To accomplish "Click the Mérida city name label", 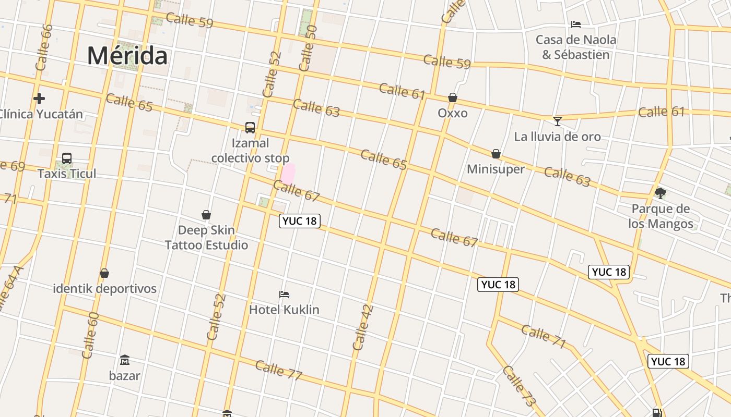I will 127,55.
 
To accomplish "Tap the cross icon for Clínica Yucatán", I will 39,98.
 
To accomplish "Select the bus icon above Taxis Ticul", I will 67,158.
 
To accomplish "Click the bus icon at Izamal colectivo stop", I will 250,127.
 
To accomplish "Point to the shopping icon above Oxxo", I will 452,97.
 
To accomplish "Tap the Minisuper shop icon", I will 496,154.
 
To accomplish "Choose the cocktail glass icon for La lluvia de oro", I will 558,121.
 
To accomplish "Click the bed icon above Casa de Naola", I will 576,24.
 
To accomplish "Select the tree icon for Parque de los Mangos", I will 660,193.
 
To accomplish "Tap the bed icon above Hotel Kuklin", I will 284,295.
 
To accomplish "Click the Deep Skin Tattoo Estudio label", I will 207,238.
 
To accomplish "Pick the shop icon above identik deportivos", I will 104,273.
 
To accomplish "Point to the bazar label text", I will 124,375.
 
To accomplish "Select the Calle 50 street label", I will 308,48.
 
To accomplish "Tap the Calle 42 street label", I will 363,327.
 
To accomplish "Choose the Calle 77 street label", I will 279,370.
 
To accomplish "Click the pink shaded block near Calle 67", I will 288,174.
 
